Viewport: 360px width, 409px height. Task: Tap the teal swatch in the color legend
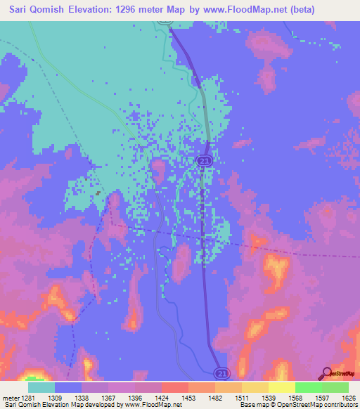[41, 387]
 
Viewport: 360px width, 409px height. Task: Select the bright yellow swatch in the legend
[282, 387]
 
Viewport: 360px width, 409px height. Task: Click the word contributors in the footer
[340, 405]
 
